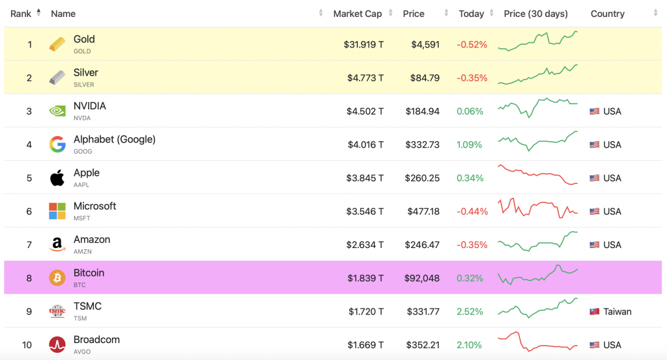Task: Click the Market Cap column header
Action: (x=357, y=14)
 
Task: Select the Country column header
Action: (x=607, y=14)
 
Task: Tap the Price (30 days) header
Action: (x=535, y=14)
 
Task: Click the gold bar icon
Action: (x=57, y=44)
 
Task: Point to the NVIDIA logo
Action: (x=57, y=111)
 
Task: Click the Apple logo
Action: (x=57, y=178)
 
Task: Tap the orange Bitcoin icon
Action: (x=57, y=278)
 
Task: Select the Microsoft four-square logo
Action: (x=57, y=211)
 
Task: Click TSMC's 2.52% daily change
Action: (x=470, y=311)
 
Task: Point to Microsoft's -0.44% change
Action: (x=472, y=211)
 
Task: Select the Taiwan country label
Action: (x=617, y=311)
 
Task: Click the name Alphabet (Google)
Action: (x=114, y=139)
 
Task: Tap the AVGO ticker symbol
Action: (x=82, y=352)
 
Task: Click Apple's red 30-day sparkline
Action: (x=537, y=175)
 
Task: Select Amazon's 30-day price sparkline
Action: (x=537, y=242)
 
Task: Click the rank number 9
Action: (x=29, y=311)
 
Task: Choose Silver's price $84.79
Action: (x=425, y=78)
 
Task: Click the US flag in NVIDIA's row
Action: (x=594, y=111)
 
